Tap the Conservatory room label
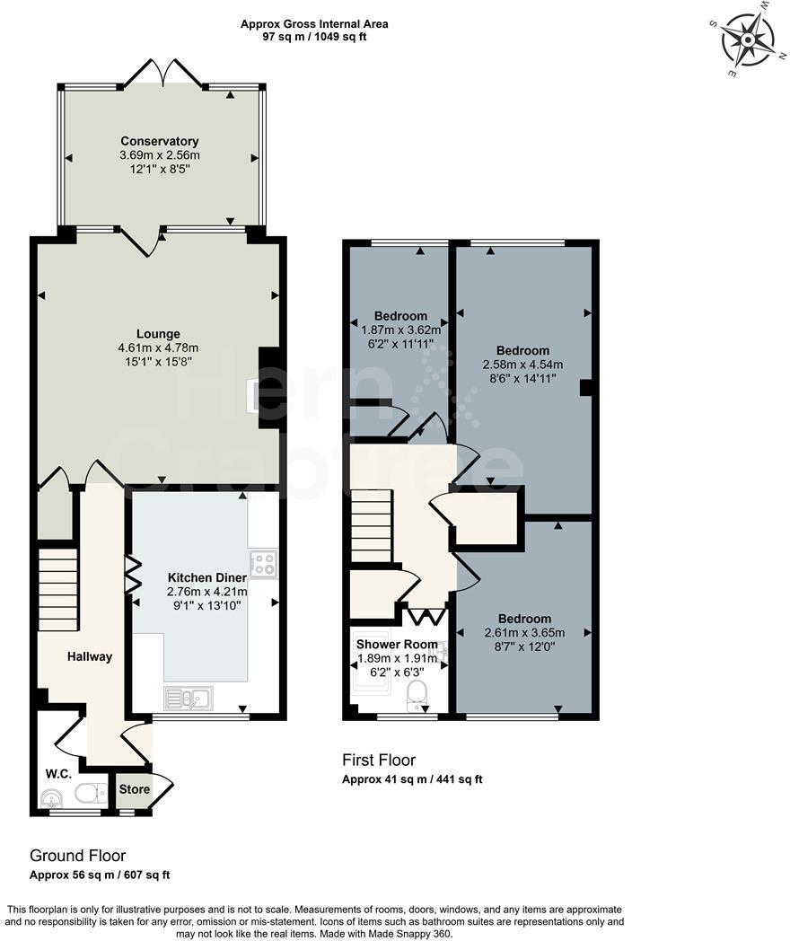(160, 141)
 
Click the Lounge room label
(158, 334)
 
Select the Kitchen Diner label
(206, 577)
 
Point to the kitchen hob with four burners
(264, 564)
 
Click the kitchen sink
(189, 698)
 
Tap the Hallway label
(90, 656)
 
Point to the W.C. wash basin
(50, 797)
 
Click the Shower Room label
(397, 644)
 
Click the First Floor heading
(379, 761)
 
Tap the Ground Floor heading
(77, 856)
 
